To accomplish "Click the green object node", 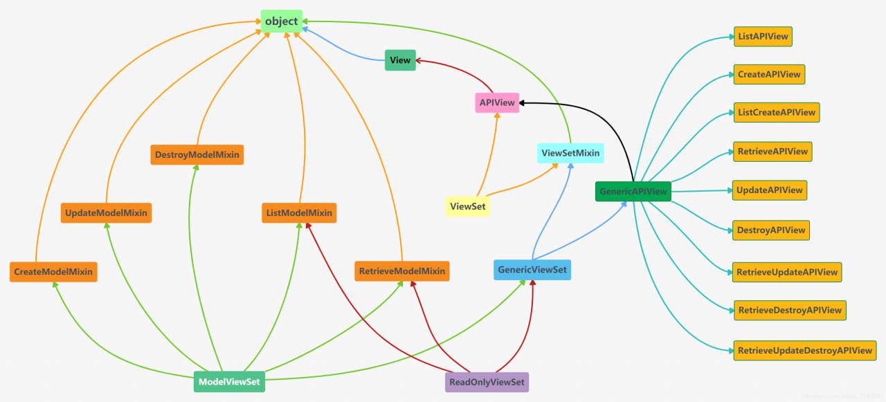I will click(281, 21).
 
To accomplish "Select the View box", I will click(400, 60).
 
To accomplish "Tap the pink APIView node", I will click(497, 102).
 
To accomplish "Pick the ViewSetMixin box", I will click(570, 153).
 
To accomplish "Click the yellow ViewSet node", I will click(467, 206).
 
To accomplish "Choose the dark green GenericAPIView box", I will click(633, 192).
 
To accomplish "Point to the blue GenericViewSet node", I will click(532, 269).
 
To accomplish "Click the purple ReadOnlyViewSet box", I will click(487, 382).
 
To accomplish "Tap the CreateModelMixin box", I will click(53, 272).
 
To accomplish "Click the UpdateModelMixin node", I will click(106, 212).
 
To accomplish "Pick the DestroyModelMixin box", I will click(197, 154).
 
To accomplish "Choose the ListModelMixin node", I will click(299, 212).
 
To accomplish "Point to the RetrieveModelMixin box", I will click(402, 271).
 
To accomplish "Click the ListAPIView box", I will click(763, 37).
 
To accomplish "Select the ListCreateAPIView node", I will click(777, 113).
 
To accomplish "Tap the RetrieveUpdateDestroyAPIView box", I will click(805, 351).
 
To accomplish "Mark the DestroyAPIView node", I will click(771, 230).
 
